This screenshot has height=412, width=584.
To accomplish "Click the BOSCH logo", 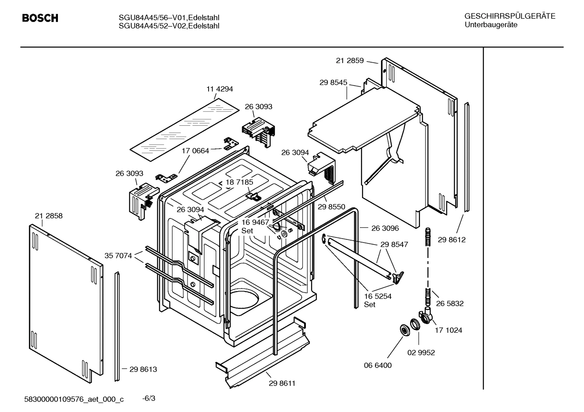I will click(x=40, y=18).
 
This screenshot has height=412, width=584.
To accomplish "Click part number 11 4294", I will click(x=220, y=89).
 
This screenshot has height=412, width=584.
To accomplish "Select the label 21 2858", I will click(x=49, y=216).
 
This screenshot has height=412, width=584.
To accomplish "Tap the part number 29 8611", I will click(x=282, y=383).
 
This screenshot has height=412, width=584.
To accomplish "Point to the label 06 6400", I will click(x=377, y=366).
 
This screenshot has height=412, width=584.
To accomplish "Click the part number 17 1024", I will click(x=448, y=330).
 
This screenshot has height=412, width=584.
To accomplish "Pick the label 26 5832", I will click(x=450, y=304).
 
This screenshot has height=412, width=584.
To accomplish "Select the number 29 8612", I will click(x=452, y=240).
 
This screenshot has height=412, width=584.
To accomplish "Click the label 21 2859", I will click(x=350, y=61).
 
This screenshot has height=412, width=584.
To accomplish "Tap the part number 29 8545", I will click(x=333, y=82).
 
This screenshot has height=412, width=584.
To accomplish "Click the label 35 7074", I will click(x=118, y=256).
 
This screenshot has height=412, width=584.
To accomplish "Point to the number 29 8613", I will click(x=143, y=369).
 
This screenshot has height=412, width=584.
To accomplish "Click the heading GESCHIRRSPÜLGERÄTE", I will click(x=509, y=16).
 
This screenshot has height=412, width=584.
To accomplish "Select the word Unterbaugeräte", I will click(x=490, y=25).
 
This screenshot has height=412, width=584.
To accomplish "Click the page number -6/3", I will click(x=149, y=399).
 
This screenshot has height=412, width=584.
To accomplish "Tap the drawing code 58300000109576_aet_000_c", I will click(x=74, y=399).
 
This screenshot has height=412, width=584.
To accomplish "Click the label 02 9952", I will click(x=421, y=353).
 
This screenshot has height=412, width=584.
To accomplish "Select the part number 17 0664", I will click(x=195, y=151).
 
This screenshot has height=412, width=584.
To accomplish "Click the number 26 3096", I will click(x=385, y=228).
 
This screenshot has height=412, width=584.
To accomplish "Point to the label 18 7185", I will click(x=239, y=182).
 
